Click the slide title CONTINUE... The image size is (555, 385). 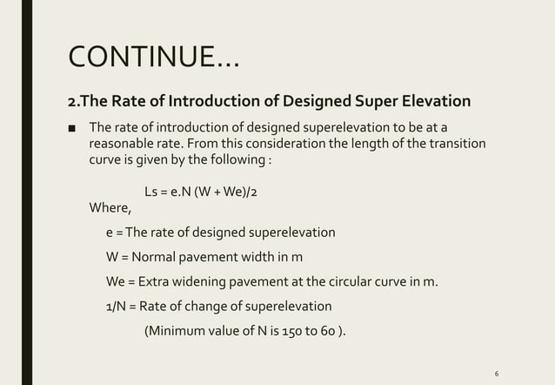click(153, 58)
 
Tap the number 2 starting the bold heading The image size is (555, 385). click(72, 101)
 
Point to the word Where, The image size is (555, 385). click(110, 207)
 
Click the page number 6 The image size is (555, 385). click(496, 373)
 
